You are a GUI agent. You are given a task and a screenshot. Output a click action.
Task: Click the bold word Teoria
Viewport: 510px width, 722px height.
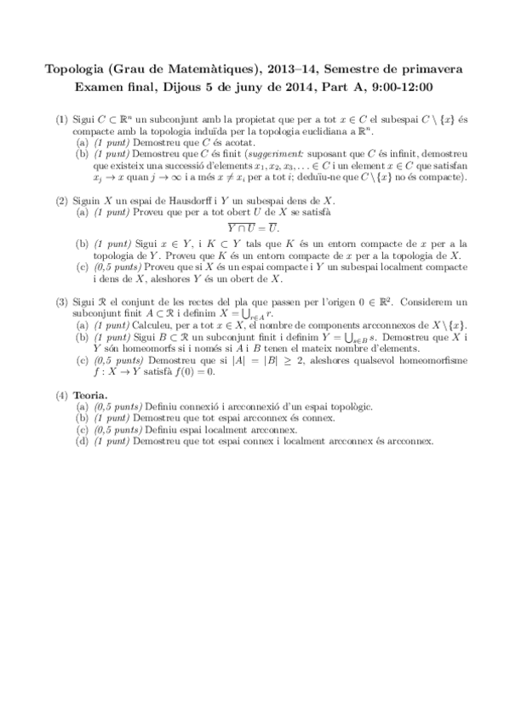click(x=93, y=397)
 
